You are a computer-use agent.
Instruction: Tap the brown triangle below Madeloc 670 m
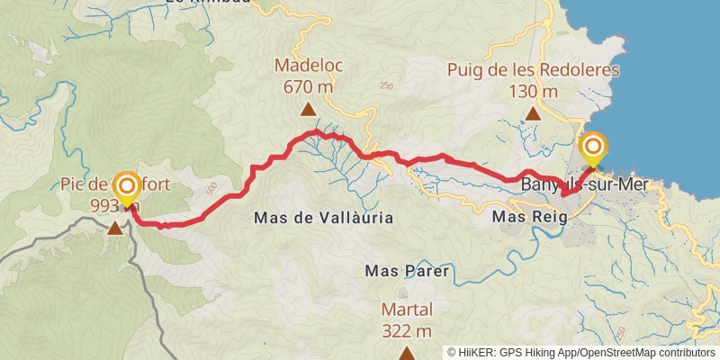point(308,111)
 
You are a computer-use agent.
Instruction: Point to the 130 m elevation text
point(533,91)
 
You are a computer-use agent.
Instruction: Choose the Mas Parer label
point(406,270)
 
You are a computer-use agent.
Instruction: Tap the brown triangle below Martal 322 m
point(406,354)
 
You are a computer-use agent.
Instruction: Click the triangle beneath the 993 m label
point(115,229)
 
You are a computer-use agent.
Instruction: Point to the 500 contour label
point(211,188)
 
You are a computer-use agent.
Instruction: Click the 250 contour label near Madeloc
point(387,86)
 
